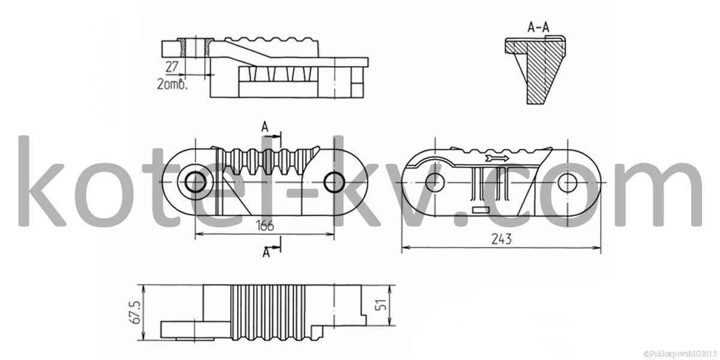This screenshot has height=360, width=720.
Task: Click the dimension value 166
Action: [x=265, y=226]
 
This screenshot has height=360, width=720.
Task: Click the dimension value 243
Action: [x=502, y=239]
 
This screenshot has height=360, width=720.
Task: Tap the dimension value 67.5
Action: [x=136, y=312]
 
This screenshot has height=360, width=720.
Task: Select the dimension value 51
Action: [x=380, y=305]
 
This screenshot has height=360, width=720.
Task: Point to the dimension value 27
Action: [x=172, y=67]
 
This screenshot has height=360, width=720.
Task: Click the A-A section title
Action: [x=538, y=28]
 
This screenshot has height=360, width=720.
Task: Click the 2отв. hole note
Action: [x=173, y=83]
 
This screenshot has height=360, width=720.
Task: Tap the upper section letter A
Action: [x=265, y=127]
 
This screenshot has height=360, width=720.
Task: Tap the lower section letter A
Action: [x=266, y=252]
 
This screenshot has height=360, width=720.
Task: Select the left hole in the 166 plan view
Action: [x=196, y=182]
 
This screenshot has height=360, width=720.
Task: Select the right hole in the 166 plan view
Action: [x=334, y=182]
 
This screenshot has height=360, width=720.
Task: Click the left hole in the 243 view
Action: [x=435, y=182]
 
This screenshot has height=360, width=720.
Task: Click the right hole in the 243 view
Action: [x=568, y=182]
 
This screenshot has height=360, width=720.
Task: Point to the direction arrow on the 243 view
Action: [x=497, y=158]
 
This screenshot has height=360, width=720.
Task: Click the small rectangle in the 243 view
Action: [x=481, y=210]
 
